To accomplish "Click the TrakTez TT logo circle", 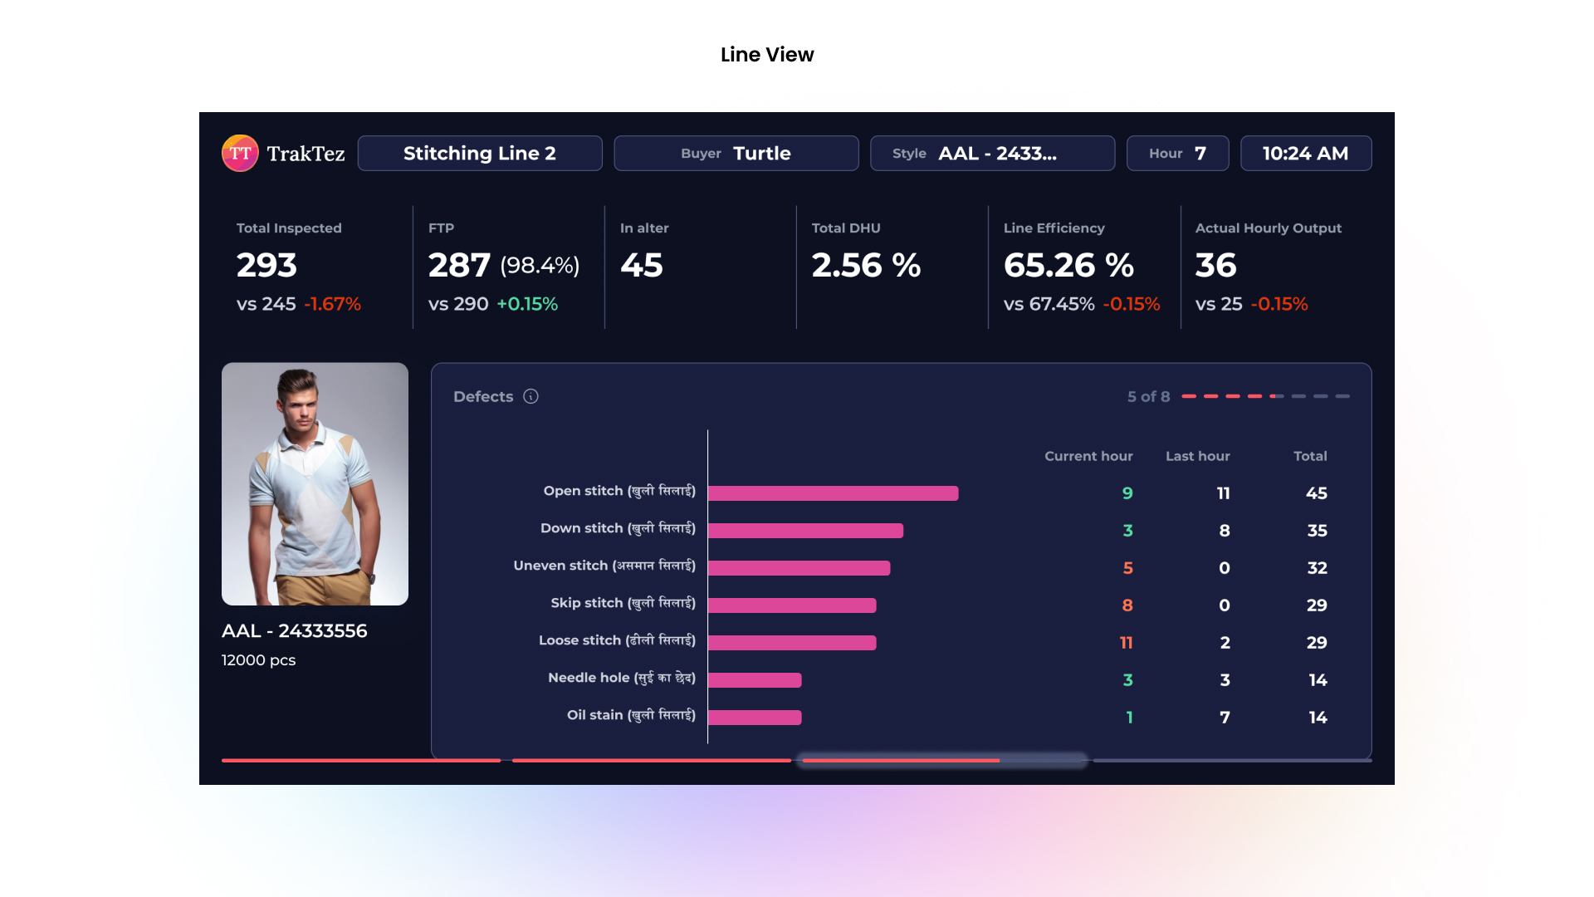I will click(x=240, y=154).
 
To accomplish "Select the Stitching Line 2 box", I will click(x=480, y=154).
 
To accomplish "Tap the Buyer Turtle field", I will click(x=736, y=154).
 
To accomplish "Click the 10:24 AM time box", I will click(x=1305, y=154).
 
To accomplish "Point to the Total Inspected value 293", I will click(x=266, y=266).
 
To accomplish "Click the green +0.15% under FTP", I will click(x=527, y=304).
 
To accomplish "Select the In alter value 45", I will click(x=642, y=266).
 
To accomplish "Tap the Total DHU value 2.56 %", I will click(x=866, y=266).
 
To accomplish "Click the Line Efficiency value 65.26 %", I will click(x=1068, y=266).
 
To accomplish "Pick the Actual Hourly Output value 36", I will click(x=1216, y=266).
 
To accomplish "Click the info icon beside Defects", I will click(x=531, y=397).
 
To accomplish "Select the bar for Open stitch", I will click(x=833, y=493).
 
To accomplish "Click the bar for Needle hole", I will click(x=755, y=680).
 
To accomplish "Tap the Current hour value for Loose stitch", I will click(x=1126, y=643).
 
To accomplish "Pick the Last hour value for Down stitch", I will click(x=1224, y=531).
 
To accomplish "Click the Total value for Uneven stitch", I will click(x=1317, y=568).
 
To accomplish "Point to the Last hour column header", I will click(x=1197, y=456).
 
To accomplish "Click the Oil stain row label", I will click(x=631, y=715).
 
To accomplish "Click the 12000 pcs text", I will click(x=258, y=660).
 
